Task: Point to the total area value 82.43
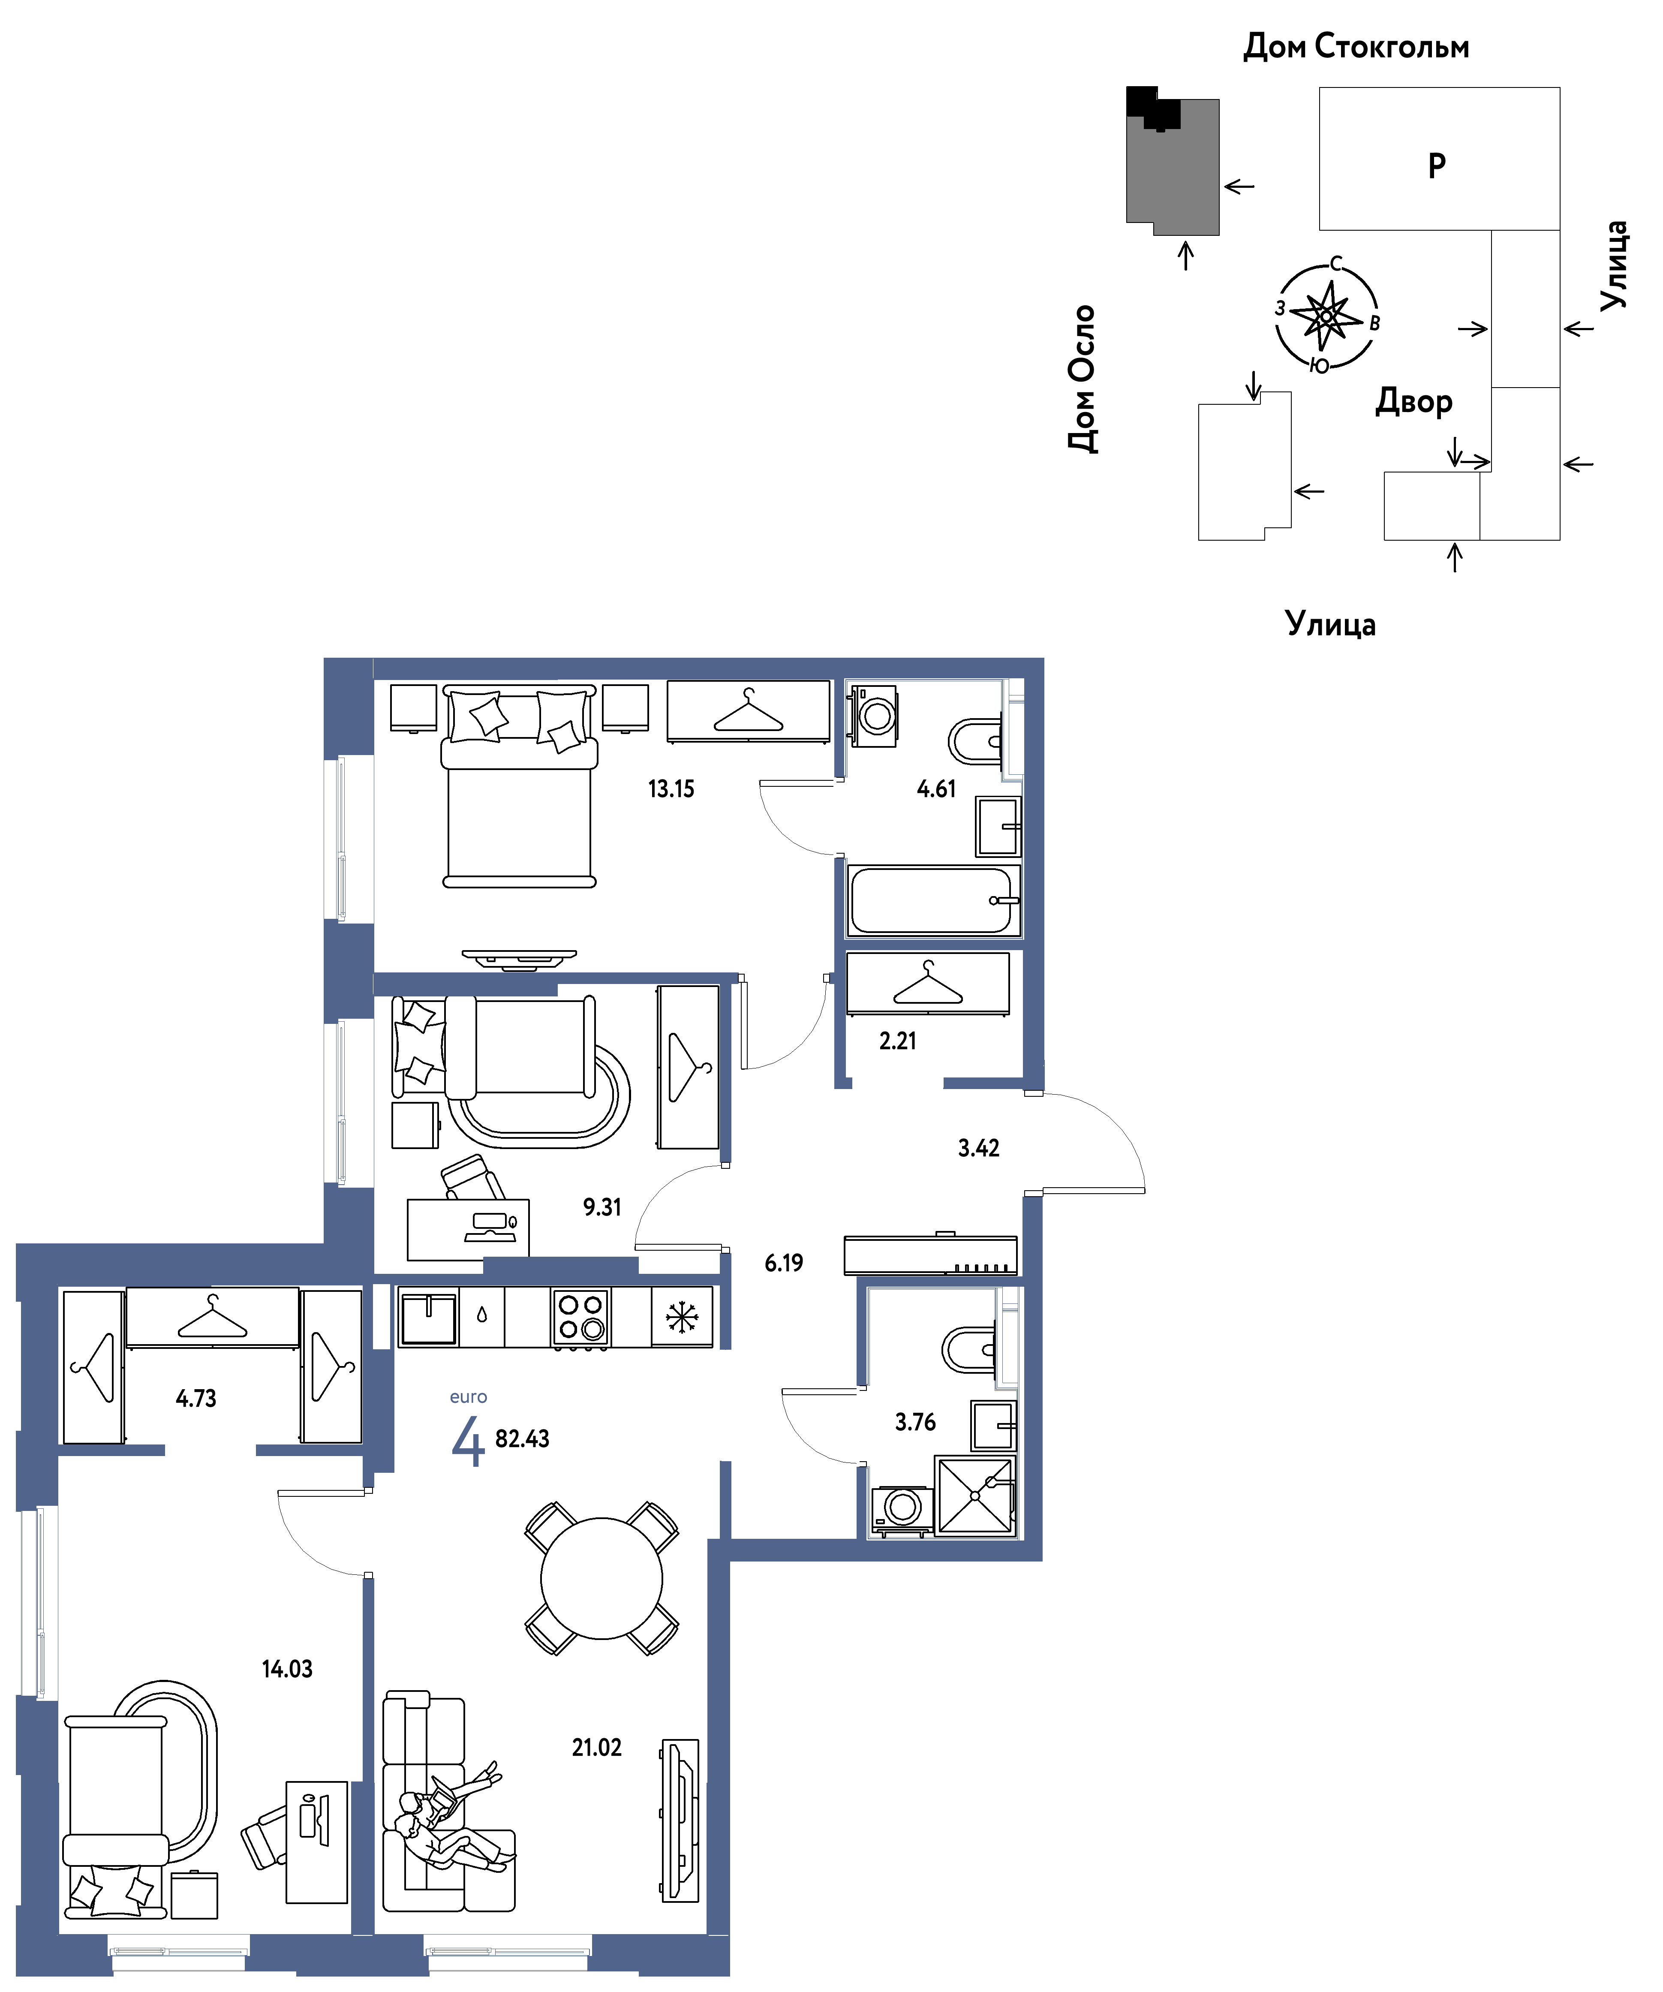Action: click(522, 1439)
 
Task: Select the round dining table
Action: click(601, 1578)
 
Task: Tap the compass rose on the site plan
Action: click(1326, 316)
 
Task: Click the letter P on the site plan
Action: click(1437, 165)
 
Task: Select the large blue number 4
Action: click(468, 1442)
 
